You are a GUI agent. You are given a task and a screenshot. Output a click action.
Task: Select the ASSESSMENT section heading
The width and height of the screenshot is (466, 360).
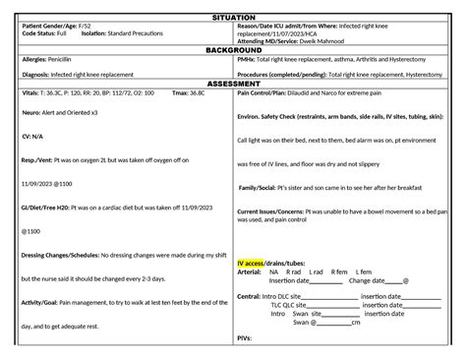(x=233, y=84)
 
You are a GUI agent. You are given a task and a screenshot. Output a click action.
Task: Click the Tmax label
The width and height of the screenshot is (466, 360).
(x=180, y=93)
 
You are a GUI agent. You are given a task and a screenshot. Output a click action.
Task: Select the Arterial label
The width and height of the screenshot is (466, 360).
(x=250, y=271)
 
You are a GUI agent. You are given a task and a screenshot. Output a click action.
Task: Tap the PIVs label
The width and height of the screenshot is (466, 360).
(x=246, y=337)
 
